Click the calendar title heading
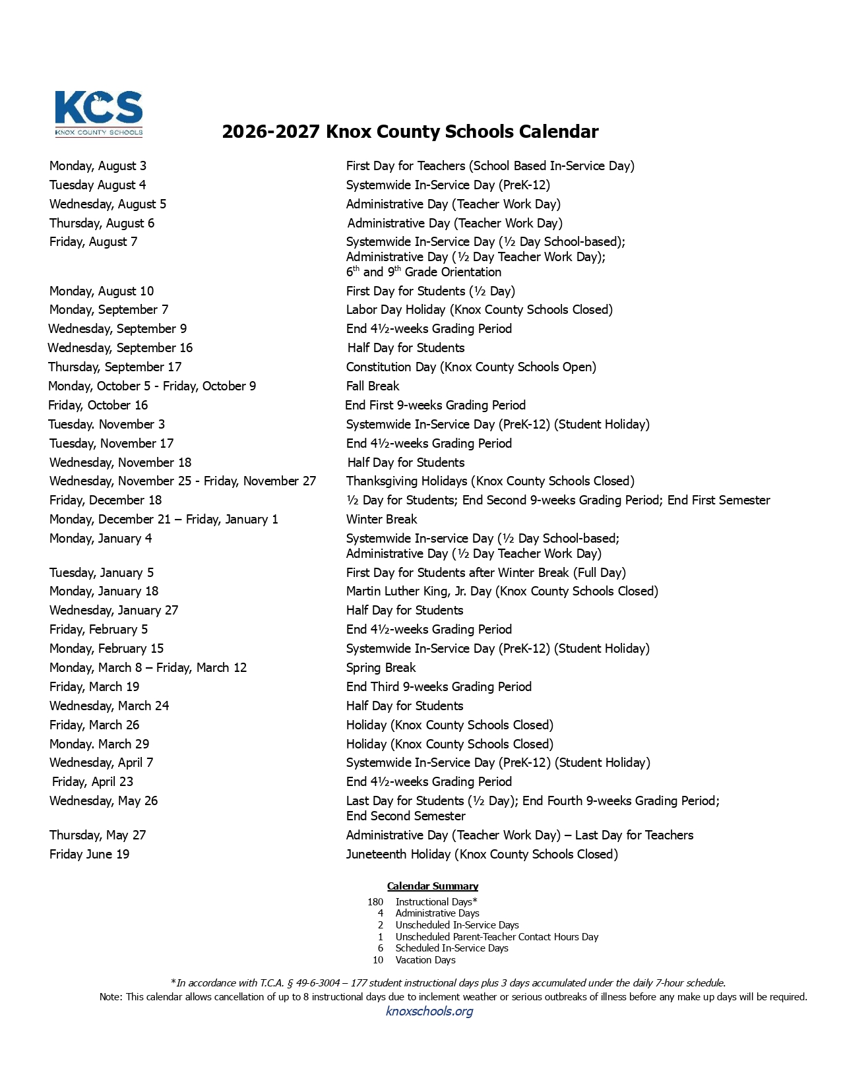410,132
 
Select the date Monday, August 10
102,291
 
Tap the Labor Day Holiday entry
479,309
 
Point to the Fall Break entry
373,386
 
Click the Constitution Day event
471,367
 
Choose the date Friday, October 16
98,405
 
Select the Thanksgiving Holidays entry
490,481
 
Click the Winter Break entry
381,519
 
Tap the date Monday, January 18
104,591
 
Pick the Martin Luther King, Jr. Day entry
502,591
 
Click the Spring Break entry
381,667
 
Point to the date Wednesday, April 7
102,762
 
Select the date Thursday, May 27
98,835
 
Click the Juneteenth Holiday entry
482,854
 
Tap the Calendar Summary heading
432,886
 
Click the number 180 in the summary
375,902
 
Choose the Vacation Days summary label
425,960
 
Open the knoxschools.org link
429,1011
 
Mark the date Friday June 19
90,854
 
